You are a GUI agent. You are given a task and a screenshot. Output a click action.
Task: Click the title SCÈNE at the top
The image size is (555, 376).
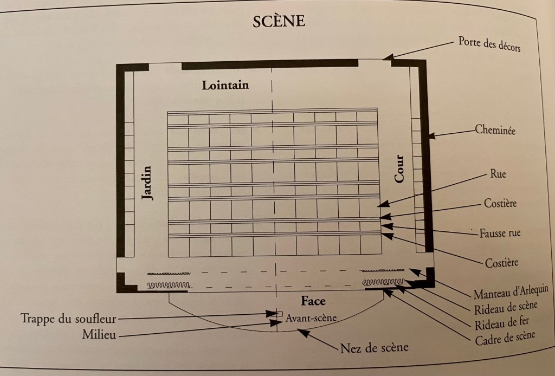(279, 22)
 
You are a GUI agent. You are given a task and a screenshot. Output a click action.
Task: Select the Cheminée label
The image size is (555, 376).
(494, 130)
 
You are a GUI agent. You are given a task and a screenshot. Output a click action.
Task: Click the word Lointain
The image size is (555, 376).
(225, 85)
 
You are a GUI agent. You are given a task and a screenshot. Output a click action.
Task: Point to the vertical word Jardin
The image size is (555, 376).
(147, 183)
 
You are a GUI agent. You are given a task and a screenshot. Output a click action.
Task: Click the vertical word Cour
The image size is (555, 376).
(399, 168)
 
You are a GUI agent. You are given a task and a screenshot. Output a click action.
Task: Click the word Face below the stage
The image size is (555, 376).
(313, 301)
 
